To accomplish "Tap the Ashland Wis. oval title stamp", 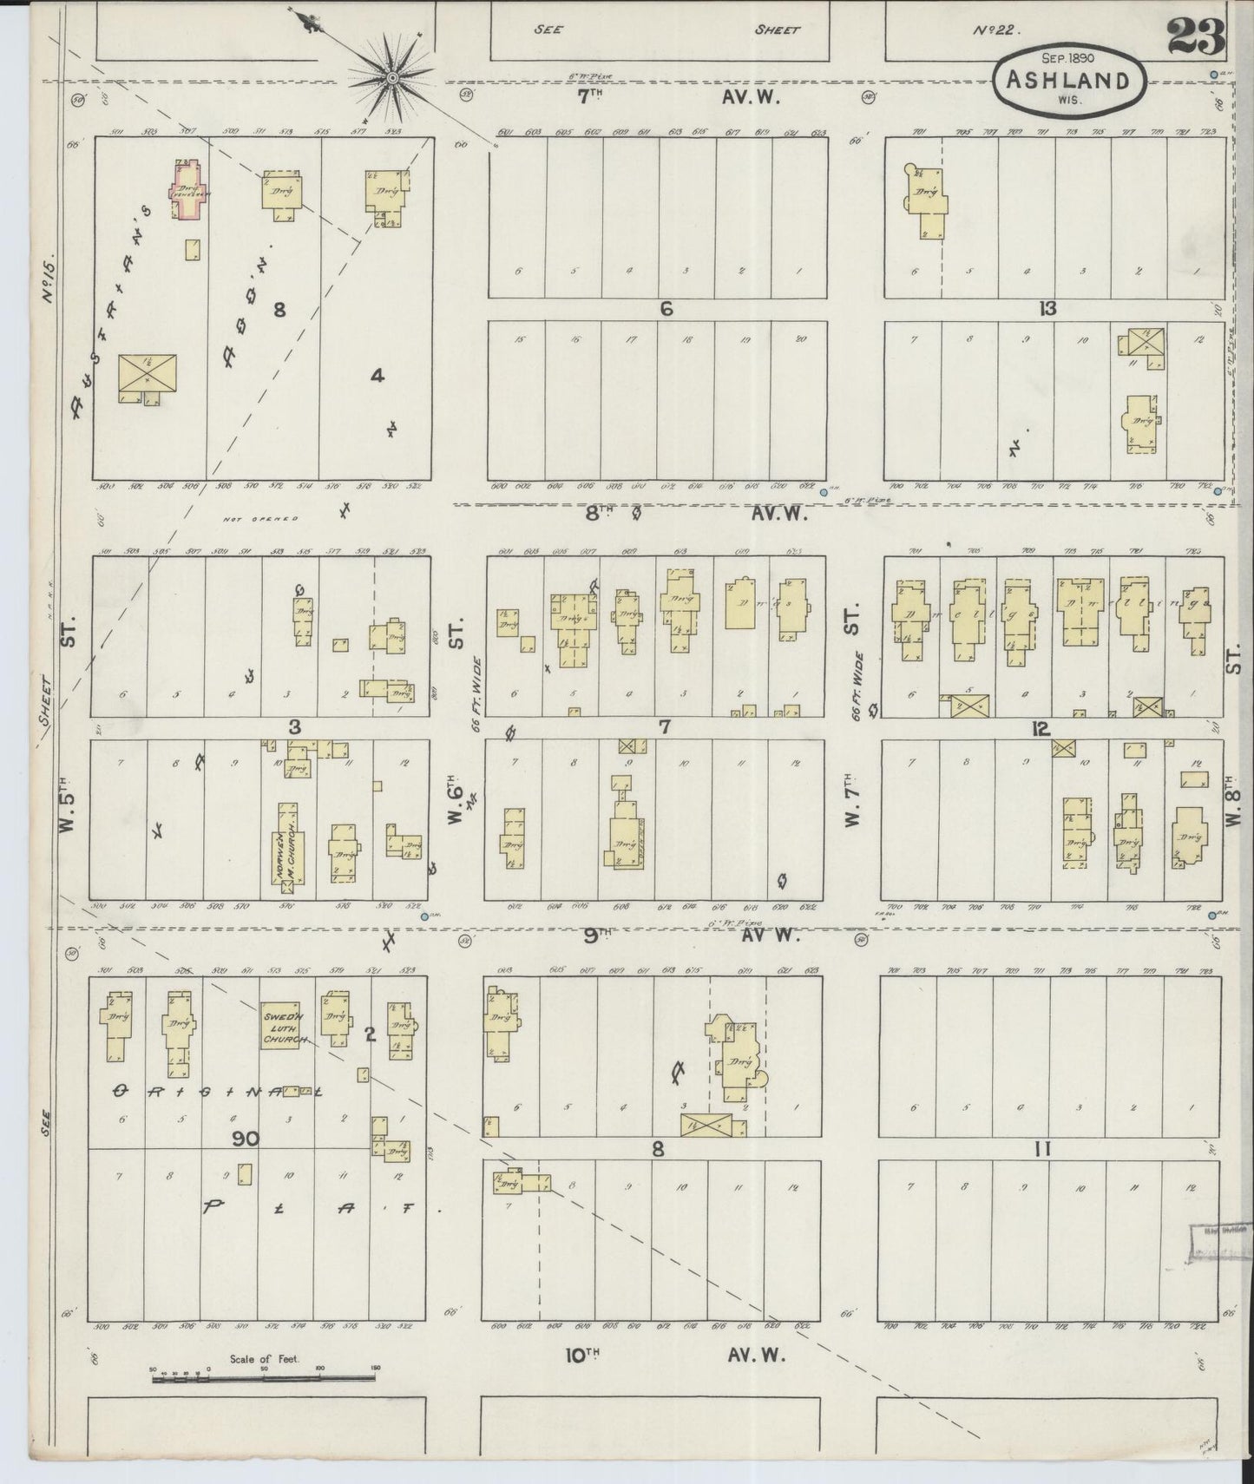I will pos(1068,85).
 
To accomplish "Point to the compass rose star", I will pos(392,78).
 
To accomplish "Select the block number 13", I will pos(1047,308).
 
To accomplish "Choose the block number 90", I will pos(245,1139).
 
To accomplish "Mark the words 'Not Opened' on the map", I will pos(260,519).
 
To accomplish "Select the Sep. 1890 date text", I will pos(1069,56).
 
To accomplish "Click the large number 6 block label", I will pos(666,308).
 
